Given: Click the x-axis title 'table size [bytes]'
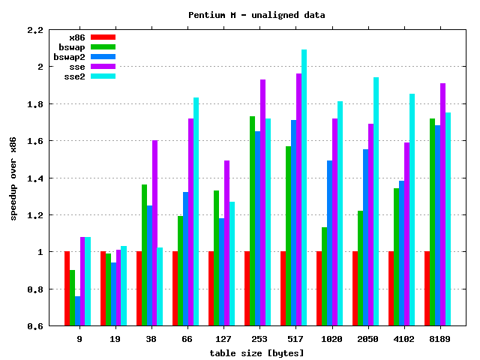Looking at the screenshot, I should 256,352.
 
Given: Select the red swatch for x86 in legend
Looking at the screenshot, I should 103,37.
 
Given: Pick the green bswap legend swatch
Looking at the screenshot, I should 103,46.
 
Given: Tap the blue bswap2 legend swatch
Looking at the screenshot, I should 103,56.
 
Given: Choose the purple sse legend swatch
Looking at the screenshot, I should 103,66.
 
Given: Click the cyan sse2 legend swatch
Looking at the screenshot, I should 103,76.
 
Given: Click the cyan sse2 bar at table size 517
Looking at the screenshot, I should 304,187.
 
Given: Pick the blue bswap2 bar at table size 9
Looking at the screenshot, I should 78,310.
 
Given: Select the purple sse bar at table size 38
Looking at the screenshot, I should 154,232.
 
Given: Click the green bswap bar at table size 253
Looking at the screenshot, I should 252,220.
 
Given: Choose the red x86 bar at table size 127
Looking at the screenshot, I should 211,288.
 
